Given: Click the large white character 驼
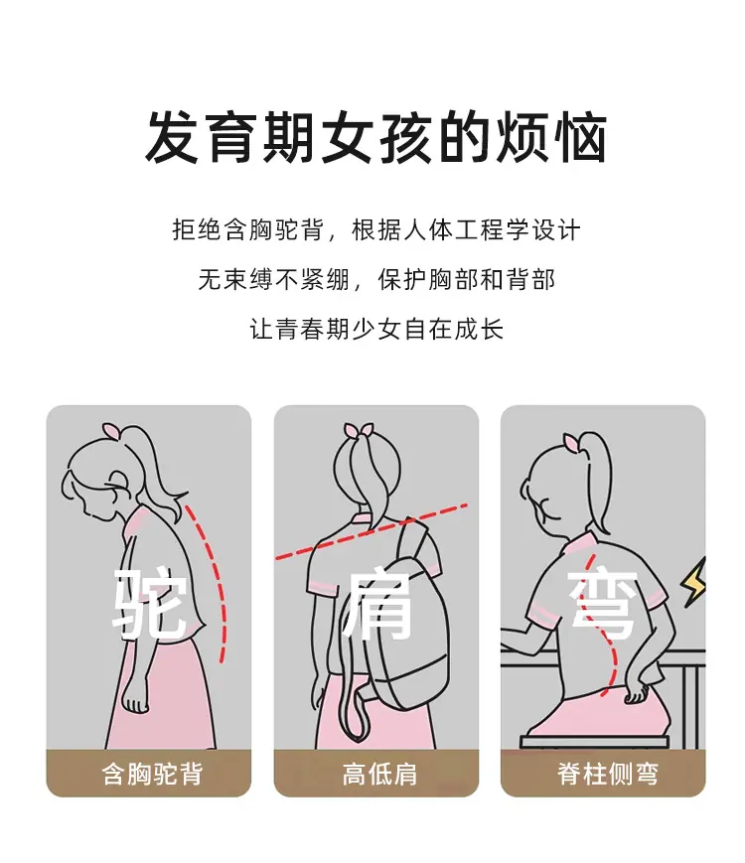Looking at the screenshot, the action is coord(149,604).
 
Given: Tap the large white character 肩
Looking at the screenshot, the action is coord(378,605).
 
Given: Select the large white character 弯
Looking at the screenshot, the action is coord(604,605).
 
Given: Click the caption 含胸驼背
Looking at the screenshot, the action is coord(153,774).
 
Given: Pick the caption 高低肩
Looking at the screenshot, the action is coord(379,774).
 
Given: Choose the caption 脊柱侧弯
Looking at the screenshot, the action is coord(607,774).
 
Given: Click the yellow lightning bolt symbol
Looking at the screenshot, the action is coord(693,582).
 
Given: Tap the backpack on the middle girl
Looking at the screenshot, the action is coord(397,628).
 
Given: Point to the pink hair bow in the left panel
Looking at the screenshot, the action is coord(111,430).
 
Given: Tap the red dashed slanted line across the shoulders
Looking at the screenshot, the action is coord(372,531).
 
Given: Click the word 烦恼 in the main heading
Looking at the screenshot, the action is coord(551,137).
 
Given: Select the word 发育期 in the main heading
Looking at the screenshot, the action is coord(230,137).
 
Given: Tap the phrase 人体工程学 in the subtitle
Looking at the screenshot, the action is coord(466,229).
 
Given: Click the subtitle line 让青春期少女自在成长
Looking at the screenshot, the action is coord(377,329).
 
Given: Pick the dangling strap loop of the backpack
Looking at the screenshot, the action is coord(354,710).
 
